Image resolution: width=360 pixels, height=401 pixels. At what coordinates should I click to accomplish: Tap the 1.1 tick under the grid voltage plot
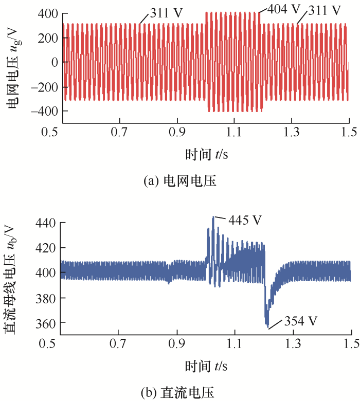(234, 132)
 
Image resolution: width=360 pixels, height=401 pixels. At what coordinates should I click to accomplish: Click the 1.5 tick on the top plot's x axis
(349, 132)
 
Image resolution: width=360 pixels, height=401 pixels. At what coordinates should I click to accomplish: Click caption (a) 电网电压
(179, 181)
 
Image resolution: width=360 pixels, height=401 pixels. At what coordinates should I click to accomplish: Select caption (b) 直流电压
(179, 393)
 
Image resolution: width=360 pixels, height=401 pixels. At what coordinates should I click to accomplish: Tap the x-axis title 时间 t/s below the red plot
(206, 154)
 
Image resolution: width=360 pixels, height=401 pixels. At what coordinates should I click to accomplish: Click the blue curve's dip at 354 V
(267, 325)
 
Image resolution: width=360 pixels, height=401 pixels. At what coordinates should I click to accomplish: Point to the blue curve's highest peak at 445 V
(213, 217)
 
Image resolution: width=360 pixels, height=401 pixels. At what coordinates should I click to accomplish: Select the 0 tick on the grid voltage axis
(53, 62)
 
